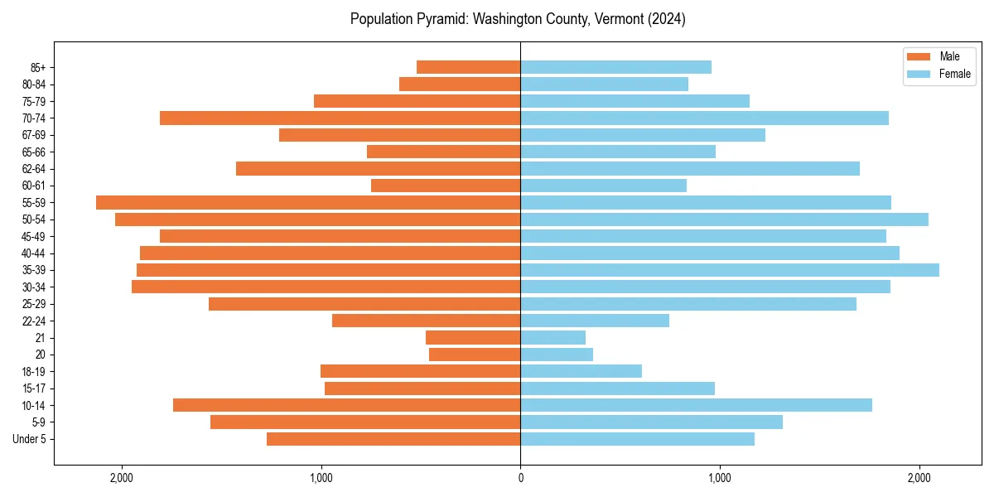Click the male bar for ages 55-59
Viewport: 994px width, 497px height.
[308, 202]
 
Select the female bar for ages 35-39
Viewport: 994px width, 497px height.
[730, 270]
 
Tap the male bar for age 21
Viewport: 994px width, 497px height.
[473, 337]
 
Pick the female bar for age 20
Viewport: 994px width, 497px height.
[557, 355]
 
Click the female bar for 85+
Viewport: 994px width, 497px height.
[615, 67]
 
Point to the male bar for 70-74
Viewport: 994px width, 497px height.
[340, 118]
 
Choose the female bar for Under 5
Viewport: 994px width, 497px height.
[637, 439]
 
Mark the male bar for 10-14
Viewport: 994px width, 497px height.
[346, 405]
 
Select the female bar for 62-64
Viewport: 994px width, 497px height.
[690, 168]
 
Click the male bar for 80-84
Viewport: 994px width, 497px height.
[460, 84]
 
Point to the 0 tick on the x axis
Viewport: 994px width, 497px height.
[520, 478]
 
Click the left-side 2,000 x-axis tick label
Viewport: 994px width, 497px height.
[122, 478]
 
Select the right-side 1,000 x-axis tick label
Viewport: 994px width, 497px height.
[719, 478]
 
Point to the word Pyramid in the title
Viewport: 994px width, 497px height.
[440, 18]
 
